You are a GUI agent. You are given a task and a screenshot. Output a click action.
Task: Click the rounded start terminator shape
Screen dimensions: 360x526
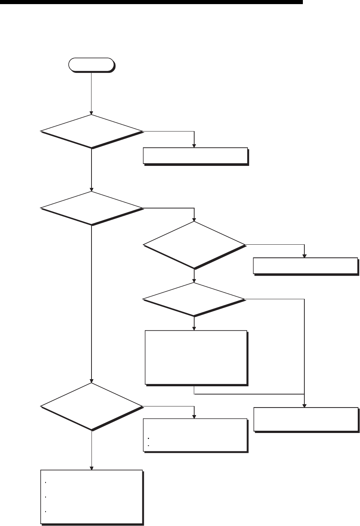point(91,65)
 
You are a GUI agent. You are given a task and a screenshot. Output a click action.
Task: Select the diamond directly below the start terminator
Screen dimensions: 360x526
point(91,131)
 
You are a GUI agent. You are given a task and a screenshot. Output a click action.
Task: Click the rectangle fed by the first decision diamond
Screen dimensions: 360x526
point(195,156)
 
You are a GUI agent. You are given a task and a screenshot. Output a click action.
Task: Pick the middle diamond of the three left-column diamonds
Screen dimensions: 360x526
point(91,208)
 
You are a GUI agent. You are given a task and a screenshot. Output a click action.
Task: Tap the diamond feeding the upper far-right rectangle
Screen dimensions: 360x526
point(194,245)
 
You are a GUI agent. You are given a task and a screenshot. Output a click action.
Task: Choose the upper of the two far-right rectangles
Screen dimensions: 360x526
point(305,266)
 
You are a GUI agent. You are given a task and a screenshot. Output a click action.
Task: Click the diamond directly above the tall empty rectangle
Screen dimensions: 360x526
point(194,299)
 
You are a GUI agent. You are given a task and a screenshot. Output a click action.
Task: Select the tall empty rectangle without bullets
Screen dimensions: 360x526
point(196,357)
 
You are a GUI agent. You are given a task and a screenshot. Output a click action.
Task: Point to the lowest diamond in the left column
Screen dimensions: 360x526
point(91,406)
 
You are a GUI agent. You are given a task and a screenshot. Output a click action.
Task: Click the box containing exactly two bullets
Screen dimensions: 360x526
point(195,435)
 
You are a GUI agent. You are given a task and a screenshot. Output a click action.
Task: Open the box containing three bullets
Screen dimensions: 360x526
point(91,496)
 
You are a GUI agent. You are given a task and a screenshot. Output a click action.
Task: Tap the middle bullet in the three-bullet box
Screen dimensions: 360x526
point(45,497)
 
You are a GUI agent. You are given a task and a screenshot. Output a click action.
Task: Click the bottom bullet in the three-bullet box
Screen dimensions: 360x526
point(45,511)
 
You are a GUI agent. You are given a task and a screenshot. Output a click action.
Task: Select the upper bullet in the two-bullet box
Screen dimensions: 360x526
point(148,438)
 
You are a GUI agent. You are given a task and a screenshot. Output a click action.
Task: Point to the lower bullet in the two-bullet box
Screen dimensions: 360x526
point(148,446)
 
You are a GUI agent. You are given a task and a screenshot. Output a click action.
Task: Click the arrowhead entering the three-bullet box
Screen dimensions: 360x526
point(91,467)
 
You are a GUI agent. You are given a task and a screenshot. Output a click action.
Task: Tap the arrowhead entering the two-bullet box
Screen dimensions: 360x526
point(194,417)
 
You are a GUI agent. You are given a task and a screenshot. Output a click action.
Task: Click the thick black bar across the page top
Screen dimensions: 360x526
point(151,2)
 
